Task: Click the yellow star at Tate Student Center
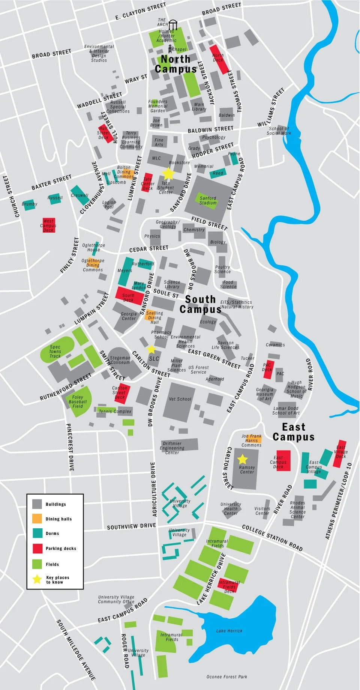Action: tap(168, 173)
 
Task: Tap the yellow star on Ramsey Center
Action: tap(243, 459)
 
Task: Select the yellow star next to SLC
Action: tap(151, 349)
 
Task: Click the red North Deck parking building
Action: tap(219, 59)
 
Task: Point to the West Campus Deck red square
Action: tap(48, 225)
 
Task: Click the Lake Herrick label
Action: tap(229, 631)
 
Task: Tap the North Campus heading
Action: tap(175, 64)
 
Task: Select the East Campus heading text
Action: tap(294, 432)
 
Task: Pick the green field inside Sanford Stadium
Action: tap(208, 200)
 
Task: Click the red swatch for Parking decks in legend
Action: tap(37, 549)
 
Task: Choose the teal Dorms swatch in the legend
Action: tap(37, 533)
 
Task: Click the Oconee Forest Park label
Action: tap(226, 676)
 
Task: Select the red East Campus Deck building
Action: tap(283, 460)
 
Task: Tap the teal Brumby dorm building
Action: tap(29, 204)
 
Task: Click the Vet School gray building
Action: tap(180, 401)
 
